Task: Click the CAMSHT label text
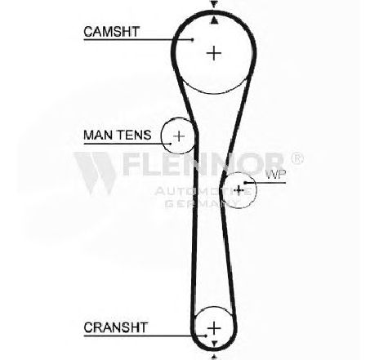pos(112,32)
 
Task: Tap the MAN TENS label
pos(118,135)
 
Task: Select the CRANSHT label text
pos(116,327)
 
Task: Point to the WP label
pos(276,175)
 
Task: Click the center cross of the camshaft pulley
pos(214,53)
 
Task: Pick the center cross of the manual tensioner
pos(179,136)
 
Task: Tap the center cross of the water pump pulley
pos(239,190)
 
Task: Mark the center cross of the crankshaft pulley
pos(214,328)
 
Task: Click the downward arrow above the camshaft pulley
pos(214,4)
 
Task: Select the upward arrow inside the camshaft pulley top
pos(214,20)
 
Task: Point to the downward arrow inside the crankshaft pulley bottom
pos(214,344)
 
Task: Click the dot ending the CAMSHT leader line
pos(193,40)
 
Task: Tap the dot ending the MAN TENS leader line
pos(171,144)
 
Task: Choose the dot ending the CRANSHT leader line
pos(206,336)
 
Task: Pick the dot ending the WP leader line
pos(245,183)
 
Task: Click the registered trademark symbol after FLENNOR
pos(297,158)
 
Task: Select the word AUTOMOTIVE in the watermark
pos(203,191)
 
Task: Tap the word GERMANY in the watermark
pos(202,203)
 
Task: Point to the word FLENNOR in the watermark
pos(203,163)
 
